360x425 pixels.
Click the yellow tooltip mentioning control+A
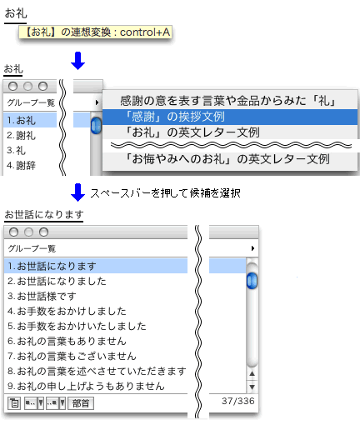[x=95, y=32]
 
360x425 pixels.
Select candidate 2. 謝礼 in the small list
[x=22, y=135]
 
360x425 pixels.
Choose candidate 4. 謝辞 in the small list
[x=22, y=165]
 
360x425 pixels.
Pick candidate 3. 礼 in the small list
[x=16, y=150]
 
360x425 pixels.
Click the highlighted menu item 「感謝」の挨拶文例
[x=230, y=117]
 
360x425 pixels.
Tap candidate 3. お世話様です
[x=42, y=296]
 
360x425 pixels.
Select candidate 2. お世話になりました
[x=57, y=281]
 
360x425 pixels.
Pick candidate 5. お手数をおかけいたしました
[x=77, y=326]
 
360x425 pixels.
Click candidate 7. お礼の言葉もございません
[x=72, y=356]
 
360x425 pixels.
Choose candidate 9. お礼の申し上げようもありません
[x=86, y=386]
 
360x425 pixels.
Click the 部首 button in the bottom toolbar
[x=81, y=403]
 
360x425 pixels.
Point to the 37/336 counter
[x=238, y=401]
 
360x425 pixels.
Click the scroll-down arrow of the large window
[x=252, y=387]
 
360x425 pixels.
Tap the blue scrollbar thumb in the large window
[x=252, y=281]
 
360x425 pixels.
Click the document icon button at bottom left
[x=14, y=403]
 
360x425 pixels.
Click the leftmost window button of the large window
[x=13, y=232]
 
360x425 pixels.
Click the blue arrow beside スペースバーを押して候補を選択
[x=77, y=192]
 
